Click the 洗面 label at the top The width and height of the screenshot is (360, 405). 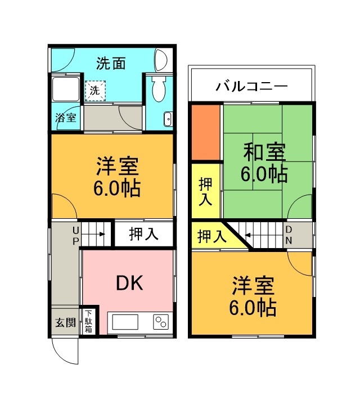point(110,63)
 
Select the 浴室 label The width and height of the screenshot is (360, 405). point(66,118)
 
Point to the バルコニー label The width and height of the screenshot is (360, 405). point(251,87)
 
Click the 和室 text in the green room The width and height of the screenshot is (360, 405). point(264,151)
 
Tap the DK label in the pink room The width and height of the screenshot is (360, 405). point(129,283)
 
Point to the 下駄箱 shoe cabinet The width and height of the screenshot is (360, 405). point(88,322)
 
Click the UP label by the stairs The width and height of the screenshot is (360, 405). point(75,235)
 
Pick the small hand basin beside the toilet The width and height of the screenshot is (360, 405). point(167,119)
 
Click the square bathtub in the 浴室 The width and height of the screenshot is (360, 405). point(66,89)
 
